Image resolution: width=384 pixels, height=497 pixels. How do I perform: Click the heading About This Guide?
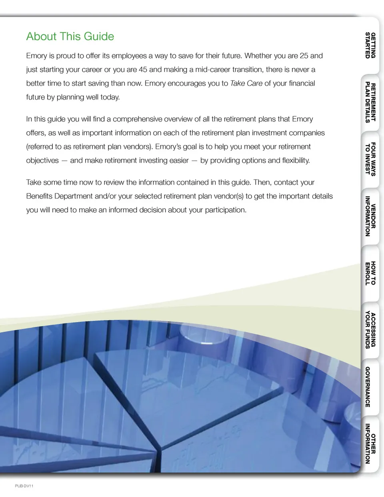tap(70, 36)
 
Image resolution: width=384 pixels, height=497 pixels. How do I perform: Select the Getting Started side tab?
tap(370, 45)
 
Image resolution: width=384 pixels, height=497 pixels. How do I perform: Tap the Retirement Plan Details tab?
tap(370, 102)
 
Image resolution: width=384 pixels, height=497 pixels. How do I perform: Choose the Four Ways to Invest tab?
tap(370, 159)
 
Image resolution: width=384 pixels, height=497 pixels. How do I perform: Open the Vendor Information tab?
tap(370, 216)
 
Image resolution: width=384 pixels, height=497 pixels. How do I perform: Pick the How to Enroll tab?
tap(370, 273)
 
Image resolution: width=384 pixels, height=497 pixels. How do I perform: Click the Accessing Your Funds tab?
tap(370, 330)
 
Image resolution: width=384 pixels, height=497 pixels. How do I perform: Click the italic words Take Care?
tap(246, 83)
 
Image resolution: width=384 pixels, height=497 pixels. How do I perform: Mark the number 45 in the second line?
tap(143, 70)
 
